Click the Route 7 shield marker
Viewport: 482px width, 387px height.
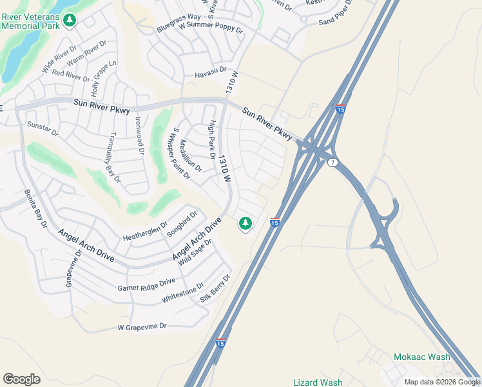click(x=333, y=162)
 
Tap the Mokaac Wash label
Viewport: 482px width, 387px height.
click(x=422, y=357)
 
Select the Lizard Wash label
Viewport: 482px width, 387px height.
click(x=318, y=382)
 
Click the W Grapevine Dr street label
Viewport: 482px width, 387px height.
click(x=142, y=327)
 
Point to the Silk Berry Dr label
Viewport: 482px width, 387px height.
click(x=215, y=288)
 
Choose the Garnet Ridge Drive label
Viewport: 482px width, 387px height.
click(x=146, y=284)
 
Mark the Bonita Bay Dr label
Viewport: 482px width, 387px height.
click(x=36, y=208)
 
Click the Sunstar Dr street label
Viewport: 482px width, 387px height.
click(x=43, y=128)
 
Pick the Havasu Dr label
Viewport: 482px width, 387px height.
click(x=211, y=72)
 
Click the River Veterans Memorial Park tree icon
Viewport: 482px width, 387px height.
click(x=70, y=21)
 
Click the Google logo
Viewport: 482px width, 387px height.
click(x=21, y=379)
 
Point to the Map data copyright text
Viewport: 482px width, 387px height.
click(x=441, y=382)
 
